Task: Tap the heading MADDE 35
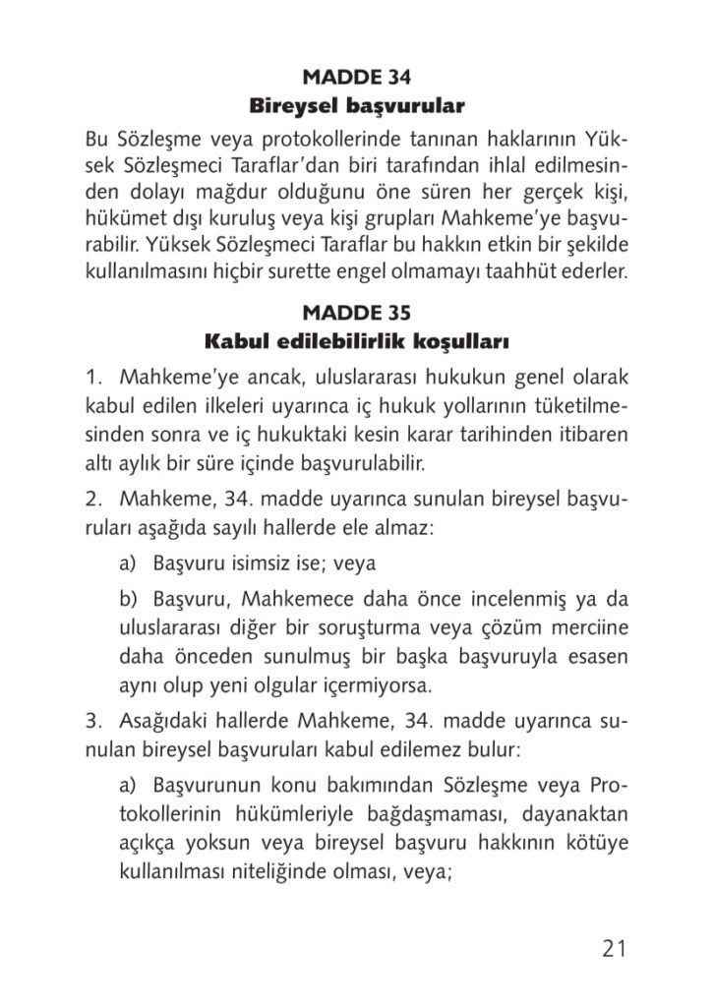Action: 356,314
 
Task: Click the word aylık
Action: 134,460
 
